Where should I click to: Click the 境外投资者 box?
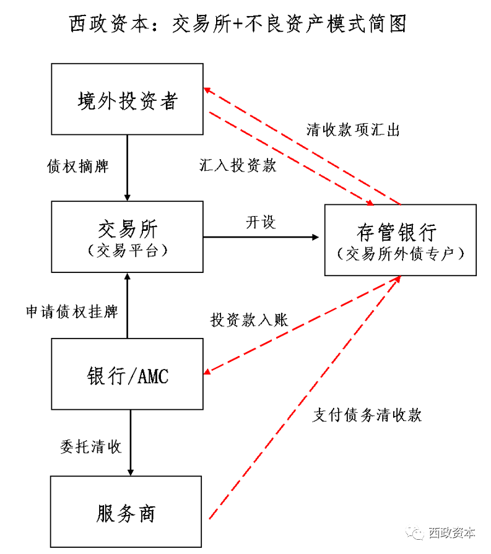tap(127, 100)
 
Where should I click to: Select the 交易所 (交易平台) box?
tap(127, 236)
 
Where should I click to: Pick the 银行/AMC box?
tap(127, 374)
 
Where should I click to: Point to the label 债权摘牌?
tap(78, 166)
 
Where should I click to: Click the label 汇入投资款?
tap(238, 166)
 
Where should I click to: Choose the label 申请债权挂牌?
tap(72, 311)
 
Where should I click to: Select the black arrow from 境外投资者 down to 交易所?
tap(128, 167)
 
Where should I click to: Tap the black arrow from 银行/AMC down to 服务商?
tap(131, 443)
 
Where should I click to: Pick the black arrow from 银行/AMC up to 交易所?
tap(128, 306)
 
